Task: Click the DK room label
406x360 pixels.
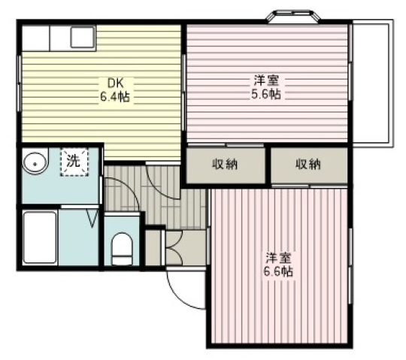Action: pos(116,83)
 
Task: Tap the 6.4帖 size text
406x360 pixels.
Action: pos(115,97)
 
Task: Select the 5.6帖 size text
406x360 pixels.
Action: pos(266,94)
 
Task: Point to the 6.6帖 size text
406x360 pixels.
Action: pos(278,271)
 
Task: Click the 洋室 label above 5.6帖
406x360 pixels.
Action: pos(266,80)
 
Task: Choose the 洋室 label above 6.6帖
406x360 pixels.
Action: pos(279,258)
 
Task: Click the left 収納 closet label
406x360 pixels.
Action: pos(225,164)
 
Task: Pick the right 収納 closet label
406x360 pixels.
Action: pos(308,164)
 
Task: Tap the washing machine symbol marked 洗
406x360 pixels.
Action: pos(74,162)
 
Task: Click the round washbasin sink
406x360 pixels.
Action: pos(35,163)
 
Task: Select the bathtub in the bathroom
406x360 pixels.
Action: pos(40,237)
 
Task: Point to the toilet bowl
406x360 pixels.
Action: pos(122,249)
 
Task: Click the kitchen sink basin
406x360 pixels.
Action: pos(83,38)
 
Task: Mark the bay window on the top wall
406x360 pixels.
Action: pos(293,17)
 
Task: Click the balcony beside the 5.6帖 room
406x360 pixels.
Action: pos(372,83)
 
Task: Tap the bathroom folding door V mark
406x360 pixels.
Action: pos(92,219)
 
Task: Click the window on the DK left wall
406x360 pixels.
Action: pos(19,83)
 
